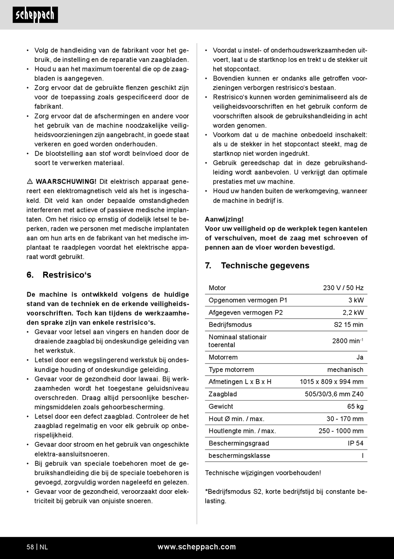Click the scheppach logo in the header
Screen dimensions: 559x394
(35, 15)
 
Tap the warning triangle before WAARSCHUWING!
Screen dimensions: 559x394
(30, 182)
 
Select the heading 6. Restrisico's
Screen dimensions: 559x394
(58, 275)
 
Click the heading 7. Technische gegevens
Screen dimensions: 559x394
(257, 265)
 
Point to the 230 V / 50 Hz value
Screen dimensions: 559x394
(343, 288)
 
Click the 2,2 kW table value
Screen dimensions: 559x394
(353, 313)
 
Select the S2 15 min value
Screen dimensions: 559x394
(348, 325)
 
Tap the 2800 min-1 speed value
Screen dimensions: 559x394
(348, 341)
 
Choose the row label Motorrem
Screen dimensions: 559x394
(223, 357)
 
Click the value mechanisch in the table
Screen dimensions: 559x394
(345, 369)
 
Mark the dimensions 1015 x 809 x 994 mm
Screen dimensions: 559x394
(331, 382)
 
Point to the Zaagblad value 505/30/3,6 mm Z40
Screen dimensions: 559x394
(334, 394)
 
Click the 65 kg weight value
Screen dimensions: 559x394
(355, 406)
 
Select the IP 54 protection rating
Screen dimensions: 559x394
(355, 443)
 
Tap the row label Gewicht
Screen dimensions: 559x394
(221, 406)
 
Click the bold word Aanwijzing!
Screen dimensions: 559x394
(224, 219)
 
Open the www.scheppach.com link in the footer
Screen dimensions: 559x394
(197, 547)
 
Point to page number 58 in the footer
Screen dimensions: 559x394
(30, 547)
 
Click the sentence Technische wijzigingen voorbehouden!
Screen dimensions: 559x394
(263, 473)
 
